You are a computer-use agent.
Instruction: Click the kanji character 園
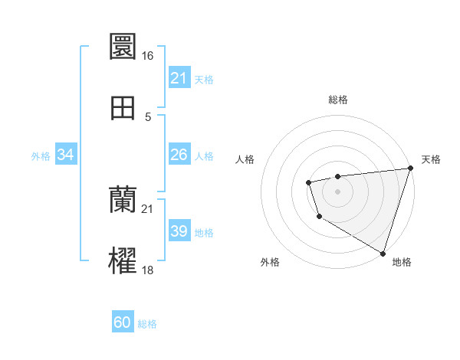(123, 47)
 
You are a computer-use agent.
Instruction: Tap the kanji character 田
(123, 108)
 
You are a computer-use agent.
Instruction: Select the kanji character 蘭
(123, 201)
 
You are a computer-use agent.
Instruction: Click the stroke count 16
(148, 56)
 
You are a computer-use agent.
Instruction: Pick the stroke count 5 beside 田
(148, 117)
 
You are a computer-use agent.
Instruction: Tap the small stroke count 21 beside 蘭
(148, 209)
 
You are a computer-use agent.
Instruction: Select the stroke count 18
(148, 270)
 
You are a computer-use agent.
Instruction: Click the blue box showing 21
(179, 78)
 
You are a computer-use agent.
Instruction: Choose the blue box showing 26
(179, 155)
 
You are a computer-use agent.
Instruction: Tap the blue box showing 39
(179, 231)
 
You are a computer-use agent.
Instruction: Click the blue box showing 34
(66, 155)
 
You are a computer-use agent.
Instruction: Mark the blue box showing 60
(123, 322)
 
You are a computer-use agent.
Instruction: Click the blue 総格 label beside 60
(147, 324)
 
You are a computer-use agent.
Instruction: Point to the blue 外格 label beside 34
(41, 156)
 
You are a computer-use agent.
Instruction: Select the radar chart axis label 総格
(338, 100)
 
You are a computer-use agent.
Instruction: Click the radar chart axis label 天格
(432, 159)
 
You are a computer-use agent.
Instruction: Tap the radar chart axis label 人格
(245, 159)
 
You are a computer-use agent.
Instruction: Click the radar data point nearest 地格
(383, 252)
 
